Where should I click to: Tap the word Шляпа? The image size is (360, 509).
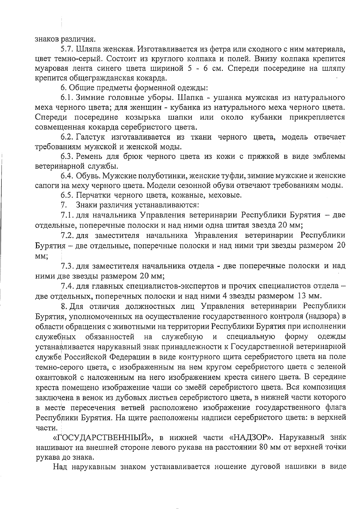tap(86, 49)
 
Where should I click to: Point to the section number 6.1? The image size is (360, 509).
tap(67, 98)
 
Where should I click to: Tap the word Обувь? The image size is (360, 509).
tap(87, 176)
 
